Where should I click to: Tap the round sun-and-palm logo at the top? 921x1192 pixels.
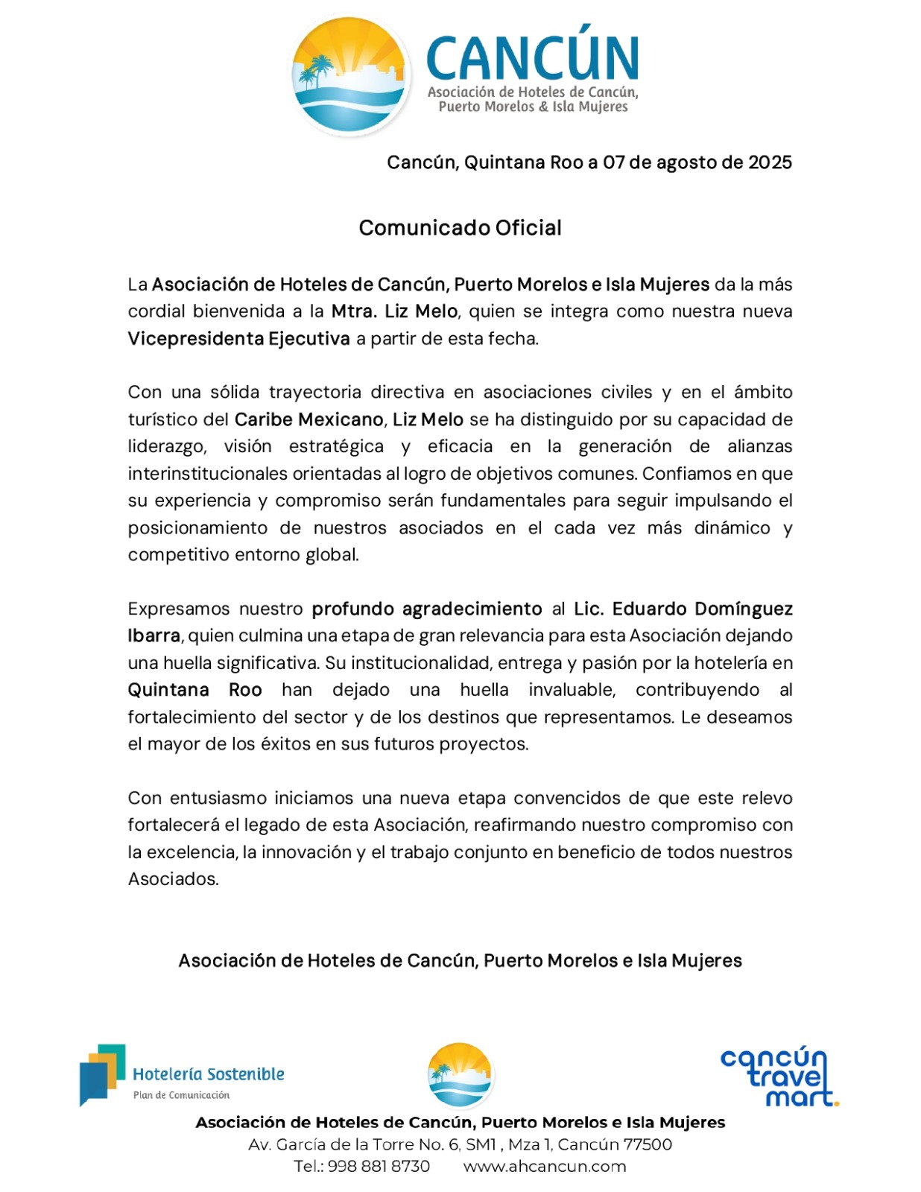click(x=350, y=75)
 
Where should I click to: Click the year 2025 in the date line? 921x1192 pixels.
click(x=770, y=162)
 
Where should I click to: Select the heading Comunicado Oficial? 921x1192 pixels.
click(x=460, y=228)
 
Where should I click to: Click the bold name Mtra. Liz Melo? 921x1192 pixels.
click(x=394, y=311)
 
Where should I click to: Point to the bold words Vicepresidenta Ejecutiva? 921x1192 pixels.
click(x=238, y=339)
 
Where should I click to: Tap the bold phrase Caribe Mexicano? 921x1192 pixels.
click(x=309, y=419)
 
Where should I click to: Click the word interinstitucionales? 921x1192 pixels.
click(x=208, y=474)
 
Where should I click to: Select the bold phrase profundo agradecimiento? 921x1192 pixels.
click(x=426, y=609)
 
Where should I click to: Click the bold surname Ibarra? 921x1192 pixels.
click(x=153, y=636)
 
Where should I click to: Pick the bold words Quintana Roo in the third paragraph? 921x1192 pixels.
click(x=194, y=690)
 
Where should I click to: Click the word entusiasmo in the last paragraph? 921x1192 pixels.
click(x=218, y=799)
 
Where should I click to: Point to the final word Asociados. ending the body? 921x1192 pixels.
click(x=173, y=879)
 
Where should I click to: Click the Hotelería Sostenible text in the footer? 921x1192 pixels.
click(x=209, y=1074)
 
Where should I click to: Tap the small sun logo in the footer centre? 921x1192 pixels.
click(x=460, y=1075)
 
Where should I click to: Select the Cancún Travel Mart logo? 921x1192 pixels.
click(x=778, y=1077)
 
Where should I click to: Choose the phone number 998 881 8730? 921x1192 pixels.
click(x=379, y=1167)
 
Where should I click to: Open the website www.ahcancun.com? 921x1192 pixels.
click(x=545, y=1167)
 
